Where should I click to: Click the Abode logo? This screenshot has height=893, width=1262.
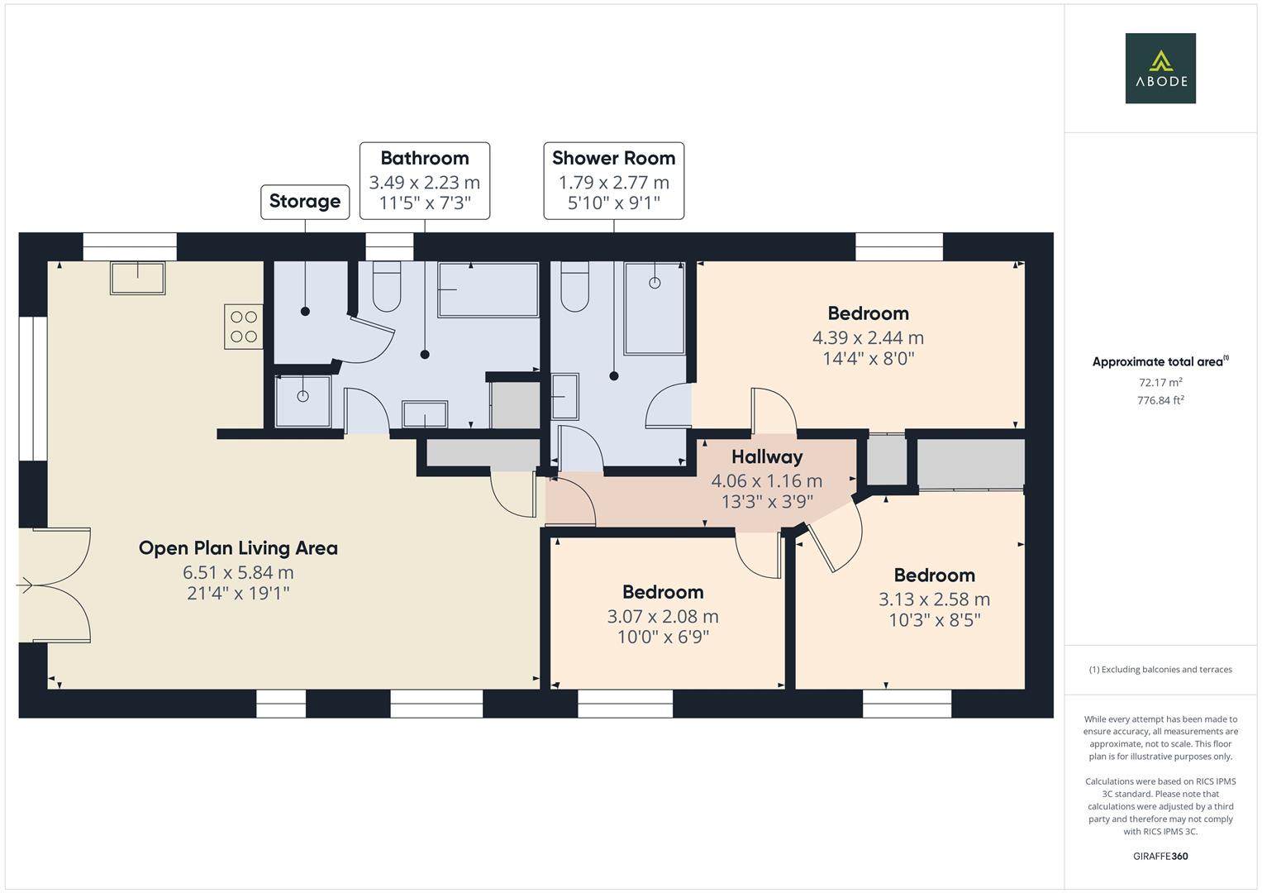click(1160, 69)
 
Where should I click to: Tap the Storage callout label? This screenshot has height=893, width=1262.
click(305, 202)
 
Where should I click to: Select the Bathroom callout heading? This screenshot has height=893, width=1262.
click(424, 158)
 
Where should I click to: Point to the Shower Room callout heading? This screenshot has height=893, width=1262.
click(613, 158)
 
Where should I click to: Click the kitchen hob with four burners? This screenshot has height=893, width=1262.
click(243, 326)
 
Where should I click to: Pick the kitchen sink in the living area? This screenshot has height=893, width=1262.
click(137, 278)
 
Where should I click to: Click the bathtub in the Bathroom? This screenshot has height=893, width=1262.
click(488, 289)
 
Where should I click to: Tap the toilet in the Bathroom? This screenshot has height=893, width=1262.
click(387, 286)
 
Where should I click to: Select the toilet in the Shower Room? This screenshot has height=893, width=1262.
click(574, 286)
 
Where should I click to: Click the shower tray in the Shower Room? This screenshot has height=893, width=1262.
click(655, 308)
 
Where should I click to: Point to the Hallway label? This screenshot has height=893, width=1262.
click(767, 456)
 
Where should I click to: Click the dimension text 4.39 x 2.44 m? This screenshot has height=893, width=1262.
click(868, 337)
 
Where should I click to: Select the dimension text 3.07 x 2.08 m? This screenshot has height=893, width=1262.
click(663, 616)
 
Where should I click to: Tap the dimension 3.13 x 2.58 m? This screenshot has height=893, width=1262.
click(934, 599)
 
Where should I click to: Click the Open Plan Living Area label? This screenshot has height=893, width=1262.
click(238, 548)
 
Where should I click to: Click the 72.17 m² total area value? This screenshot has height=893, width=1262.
click(1160, 383)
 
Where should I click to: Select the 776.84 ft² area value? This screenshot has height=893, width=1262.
click(1160, 400)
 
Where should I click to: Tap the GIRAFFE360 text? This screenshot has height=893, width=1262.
click(1160, 856)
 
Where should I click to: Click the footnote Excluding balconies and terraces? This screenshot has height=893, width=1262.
click(1160, 670)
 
